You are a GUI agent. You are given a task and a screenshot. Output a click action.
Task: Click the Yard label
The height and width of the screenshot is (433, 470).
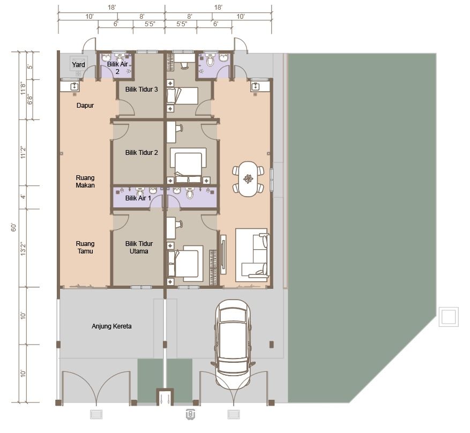[79, 65]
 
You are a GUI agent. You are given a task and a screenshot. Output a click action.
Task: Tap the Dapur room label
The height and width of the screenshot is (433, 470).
[85, 106]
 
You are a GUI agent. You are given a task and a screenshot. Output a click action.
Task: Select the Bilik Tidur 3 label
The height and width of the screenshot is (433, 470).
[141, 89]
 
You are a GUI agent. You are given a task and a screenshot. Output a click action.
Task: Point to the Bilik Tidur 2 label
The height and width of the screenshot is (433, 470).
[141, 153]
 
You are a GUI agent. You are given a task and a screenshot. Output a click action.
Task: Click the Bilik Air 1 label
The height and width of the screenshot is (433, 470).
[138, 198]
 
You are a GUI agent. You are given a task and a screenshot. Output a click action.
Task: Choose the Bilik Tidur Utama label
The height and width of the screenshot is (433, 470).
[139, 248]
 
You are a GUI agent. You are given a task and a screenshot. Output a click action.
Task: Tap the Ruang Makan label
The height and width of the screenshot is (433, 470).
[85, 182]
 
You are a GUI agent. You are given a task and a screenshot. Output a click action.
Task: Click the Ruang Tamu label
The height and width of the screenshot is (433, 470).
[85, 248]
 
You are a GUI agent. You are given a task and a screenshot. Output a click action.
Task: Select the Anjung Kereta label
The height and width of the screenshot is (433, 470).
[111, 326]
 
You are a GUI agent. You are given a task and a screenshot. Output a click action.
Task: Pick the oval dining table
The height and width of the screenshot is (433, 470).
[248, 179]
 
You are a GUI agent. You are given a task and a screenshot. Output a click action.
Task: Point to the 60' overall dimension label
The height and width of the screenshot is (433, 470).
[14, 227]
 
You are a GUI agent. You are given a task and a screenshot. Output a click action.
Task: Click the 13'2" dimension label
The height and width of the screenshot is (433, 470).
[23, 249]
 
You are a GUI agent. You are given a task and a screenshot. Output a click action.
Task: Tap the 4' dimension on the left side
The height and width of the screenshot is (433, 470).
[23, 197]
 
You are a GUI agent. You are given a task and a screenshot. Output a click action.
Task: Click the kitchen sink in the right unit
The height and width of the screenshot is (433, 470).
[256, 87]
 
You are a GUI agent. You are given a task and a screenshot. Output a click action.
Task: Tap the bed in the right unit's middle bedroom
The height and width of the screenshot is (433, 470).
[188, 164]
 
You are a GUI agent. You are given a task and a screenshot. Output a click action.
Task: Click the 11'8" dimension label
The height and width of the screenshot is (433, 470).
[23, 88]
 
